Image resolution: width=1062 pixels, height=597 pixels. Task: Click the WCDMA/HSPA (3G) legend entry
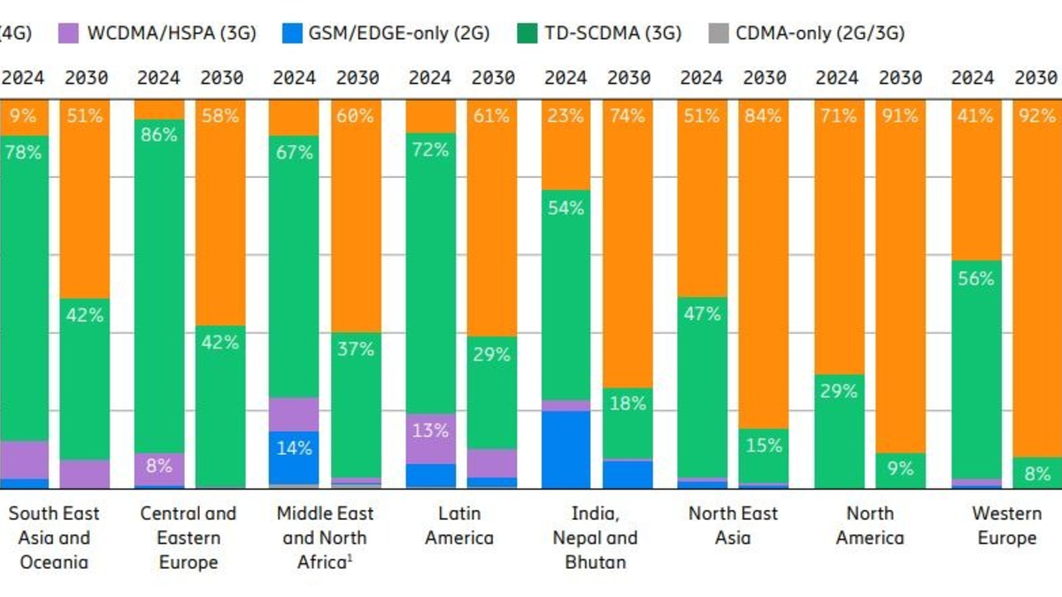pyautogui.click(x=159, y=34)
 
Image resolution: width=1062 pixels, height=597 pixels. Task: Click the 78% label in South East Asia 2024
pyautogui.click(x=24, y=152)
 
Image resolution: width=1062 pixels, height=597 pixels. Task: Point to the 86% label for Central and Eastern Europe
pyautogui.click(x=159, y=135)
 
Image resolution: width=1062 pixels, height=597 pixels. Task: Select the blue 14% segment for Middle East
pyautogui.click(x=294, y=448)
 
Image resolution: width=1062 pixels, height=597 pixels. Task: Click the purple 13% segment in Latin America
pyautogui.click(x=430, y=432)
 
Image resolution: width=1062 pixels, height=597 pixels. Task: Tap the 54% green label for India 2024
pyautogui.click(x=566, y=209)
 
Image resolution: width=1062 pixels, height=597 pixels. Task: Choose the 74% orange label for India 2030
pyautogui.click(x=628, y=116)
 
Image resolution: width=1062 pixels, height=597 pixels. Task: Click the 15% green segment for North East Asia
pyautogui.click(x=763, y=447)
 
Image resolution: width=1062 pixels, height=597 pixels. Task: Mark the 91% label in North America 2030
pyautogui.click(x=899, y=116)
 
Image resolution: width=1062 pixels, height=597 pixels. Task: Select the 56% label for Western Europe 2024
pyautogui.click(x=976, y=279)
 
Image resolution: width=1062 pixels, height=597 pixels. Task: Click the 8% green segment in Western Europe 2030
pyautogui.click(x=1037, y=473)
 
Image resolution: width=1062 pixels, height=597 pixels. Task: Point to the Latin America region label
pyautogui.click(x=458, y=525)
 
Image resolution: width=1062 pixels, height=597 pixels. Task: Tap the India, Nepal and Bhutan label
pyautogui.click(x=594, y=537)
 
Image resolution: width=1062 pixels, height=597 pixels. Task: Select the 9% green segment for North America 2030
pyautogui.click(x=899, y=470)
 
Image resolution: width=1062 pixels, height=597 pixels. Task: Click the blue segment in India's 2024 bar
pyautogui.click(x=566, y=449)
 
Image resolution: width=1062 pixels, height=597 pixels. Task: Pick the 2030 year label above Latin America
pyautogui.click(x=493, y=78)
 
